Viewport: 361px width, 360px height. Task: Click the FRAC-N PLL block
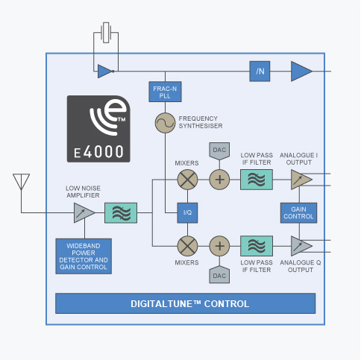coord(165,92)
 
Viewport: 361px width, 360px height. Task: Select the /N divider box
coord(260,72)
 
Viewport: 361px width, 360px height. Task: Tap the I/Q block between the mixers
coord(187,212)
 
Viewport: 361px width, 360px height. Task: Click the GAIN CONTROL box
coord(298,213)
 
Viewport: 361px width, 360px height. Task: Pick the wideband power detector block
coord(84,256)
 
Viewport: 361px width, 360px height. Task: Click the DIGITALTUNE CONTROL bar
coord(186,303)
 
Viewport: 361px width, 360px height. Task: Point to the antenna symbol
coord(21,182)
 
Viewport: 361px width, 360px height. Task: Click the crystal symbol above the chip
coord(106,33)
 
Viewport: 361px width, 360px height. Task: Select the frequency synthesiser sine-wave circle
coord(165,123)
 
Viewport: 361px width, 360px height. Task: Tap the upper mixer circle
coord(187,180)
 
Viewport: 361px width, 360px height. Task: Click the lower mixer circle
coord(187,246)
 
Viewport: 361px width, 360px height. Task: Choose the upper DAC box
coord(219,151)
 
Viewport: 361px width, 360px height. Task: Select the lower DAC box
coord(219,274)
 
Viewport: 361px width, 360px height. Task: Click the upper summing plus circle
coord(219,180)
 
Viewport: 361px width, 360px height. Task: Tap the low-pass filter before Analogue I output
coord(257,180)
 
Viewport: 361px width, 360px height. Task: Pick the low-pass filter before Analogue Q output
coord(257,246)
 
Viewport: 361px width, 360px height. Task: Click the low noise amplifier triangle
coord(83,212)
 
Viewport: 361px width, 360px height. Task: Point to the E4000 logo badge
coord(98,129)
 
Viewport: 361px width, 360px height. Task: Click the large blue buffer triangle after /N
coord(300,72)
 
